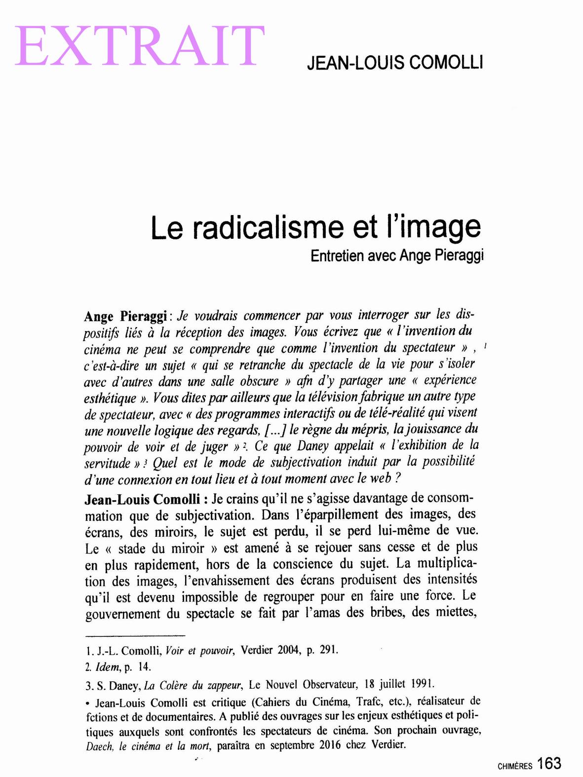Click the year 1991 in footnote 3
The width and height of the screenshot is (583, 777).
pos(423,684)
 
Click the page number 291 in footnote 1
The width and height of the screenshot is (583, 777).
pos(328,650)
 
